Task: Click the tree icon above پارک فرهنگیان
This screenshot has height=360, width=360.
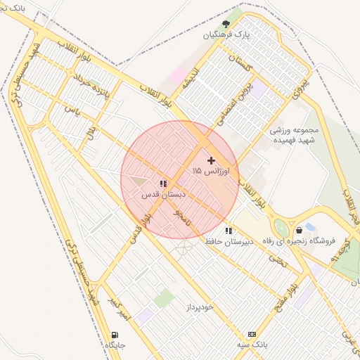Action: click(226, 23)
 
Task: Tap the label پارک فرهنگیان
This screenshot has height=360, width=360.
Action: click(226, 34)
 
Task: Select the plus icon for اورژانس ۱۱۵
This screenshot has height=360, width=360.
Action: click(211, 160)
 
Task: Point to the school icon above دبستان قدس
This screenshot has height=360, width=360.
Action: click(163, 184)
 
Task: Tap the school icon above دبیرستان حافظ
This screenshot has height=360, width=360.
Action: click(228, 231)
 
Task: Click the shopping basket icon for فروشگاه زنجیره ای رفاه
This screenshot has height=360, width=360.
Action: click(299, 230)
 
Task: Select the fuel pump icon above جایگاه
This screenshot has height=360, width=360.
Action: click(114, 335)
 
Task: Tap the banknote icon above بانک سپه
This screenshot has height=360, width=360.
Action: click(252, 334)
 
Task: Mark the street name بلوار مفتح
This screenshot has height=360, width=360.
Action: click(289, 288)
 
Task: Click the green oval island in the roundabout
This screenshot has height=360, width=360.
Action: click(282, 229)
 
